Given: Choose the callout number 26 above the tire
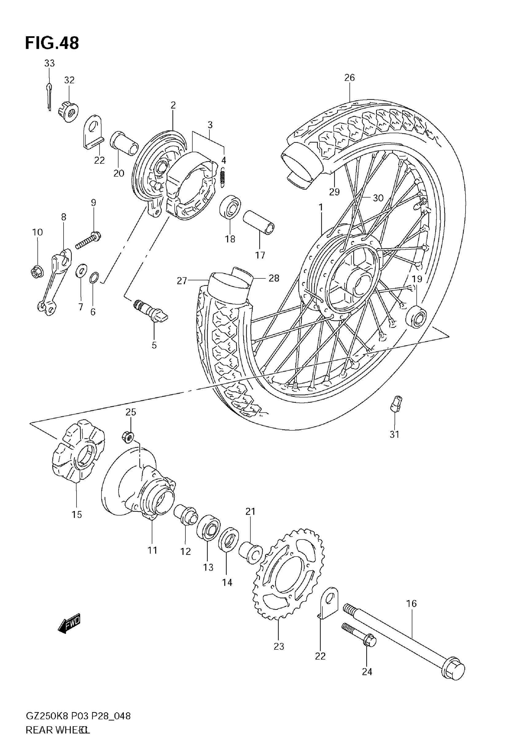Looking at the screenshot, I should [349, 78].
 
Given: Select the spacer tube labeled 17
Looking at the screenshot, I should [258, 222].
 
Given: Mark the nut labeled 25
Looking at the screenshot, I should [128, 437].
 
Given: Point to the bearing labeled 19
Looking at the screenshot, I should [416, 316].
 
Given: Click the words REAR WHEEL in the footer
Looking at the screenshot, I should [57, 730].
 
